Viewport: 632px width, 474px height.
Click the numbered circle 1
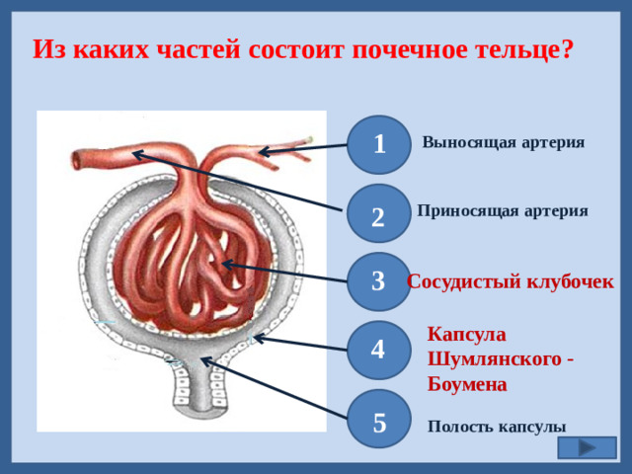379,143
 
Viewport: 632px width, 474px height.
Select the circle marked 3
378,280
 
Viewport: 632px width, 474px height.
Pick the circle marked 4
378,349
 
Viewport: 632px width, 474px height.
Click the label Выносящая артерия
503,142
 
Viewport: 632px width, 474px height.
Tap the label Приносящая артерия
503,210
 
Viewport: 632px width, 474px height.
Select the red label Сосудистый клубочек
511,281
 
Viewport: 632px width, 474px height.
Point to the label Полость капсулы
497,427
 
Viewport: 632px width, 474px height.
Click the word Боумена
467,383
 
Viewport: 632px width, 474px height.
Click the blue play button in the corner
587,447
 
